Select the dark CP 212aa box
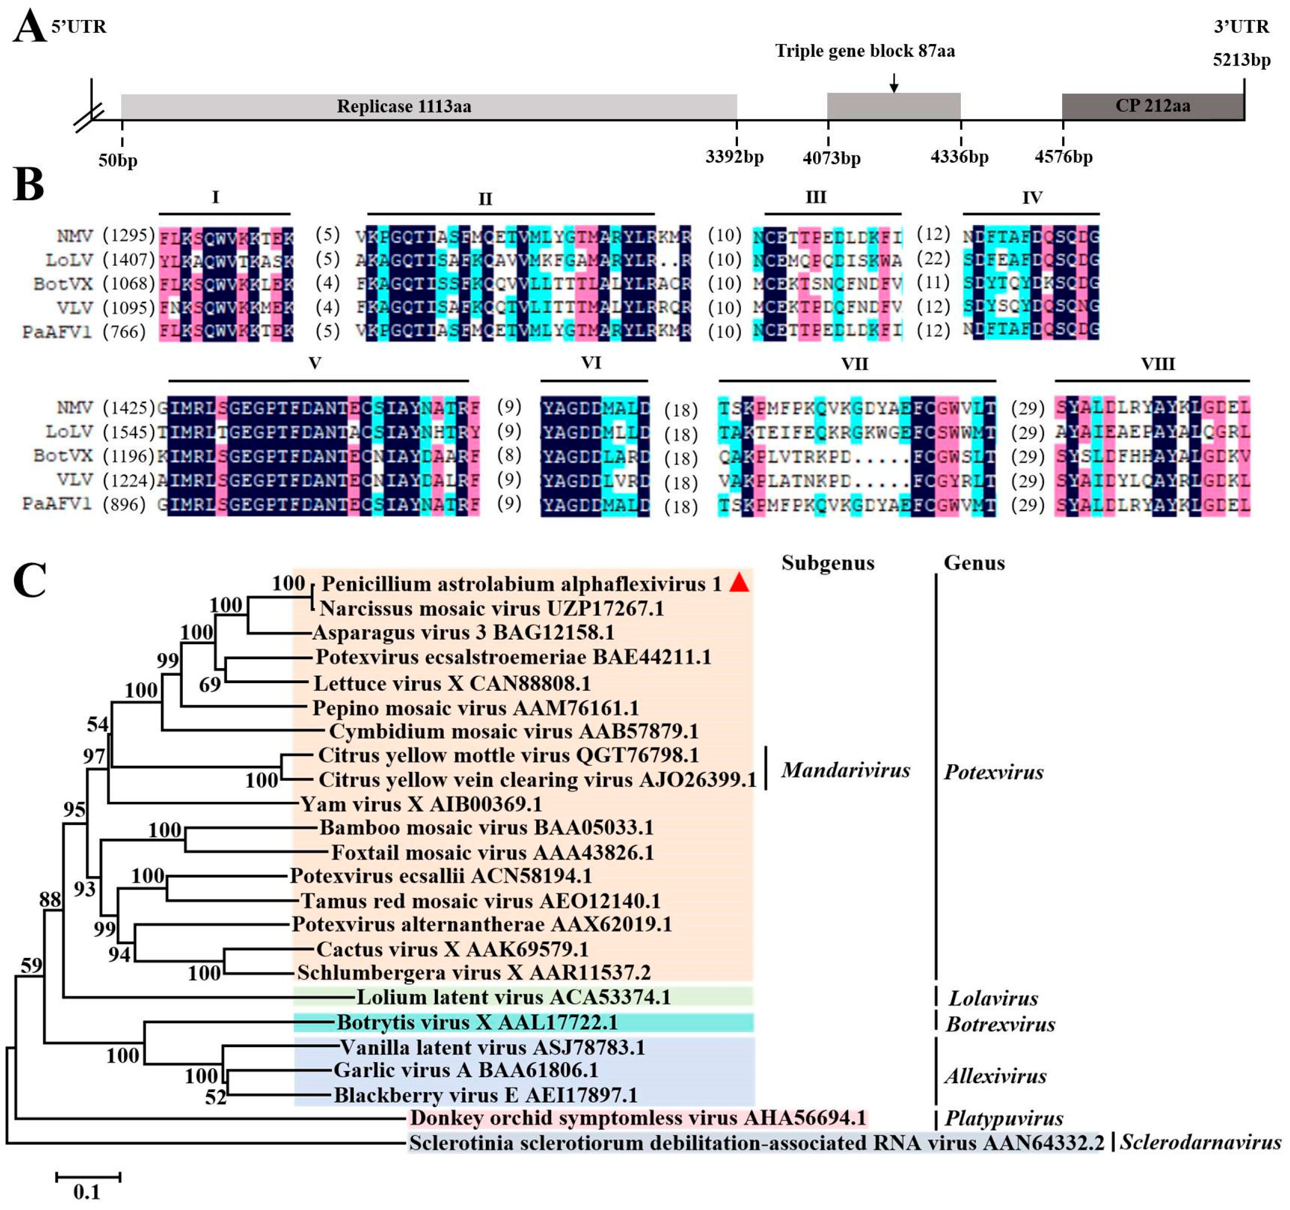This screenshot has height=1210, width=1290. tap(1152, 106)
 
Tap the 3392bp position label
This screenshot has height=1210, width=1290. tap(734, 157)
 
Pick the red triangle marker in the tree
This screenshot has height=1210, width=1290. tap(739, 583)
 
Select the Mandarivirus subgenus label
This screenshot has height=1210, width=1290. tap(845, 770)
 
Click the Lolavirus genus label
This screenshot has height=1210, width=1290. tap(993, 998)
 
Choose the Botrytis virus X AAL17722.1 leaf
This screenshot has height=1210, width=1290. tap(477, 1023)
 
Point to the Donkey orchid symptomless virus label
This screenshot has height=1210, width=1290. tap(638, 1118)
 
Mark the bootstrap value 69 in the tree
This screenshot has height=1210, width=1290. tap(209, 684)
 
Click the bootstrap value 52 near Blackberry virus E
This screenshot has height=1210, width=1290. tap(216, 1097)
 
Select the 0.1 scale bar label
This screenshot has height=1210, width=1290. tap(86, 1192)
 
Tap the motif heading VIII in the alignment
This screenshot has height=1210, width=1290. tap(1158, 363)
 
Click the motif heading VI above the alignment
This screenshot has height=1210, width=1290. tap(591, 362)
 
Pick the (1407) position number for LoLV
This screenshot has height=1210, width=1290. tap(128, 260)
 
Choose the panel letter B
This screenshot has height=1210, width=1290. tap(29, 185)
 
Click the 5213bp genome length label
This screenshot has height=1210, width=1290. tap(1241, 60)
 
